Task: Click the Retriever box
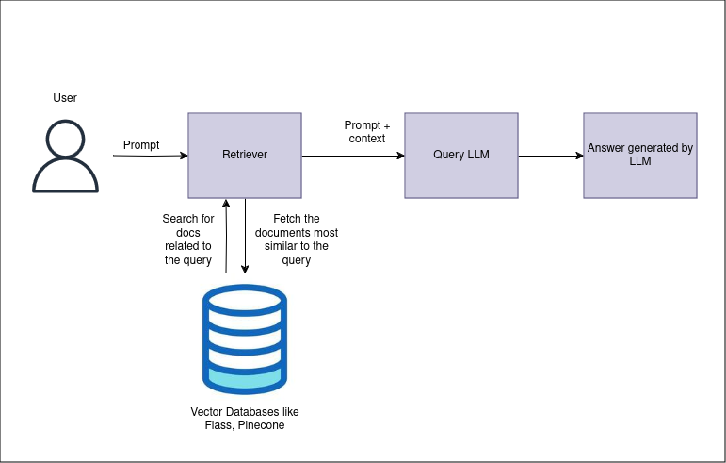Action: (x=245, y=156)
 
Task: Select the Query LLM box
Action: (x=461, y=156)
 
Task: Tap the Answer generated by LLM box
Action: (x=640, y=156)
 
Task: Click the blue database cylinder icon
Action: (x=245, y=339)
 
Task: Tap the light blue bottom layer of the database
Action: (x=245, y=378)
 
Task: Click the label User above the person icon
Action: (x=65, y=98)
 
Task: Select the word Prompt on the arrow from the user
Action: (x=141, y=145)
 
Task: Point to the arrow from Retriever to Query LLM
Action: (x=353, y=156)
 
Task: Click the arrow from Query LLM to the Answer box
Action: (x=551, y=156)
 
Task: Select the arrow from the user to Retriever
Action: (x=151, y=156)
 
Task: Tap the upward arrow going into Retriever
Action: (x=226, y=236)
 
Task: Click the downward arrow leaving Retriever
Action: (x=246, y=236)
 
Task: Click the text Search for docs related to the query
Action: (x=188, y=240)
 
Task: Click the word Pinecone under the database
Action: (x=261, y=426)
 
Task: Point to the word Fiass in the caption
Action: (x=218, y=426)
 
